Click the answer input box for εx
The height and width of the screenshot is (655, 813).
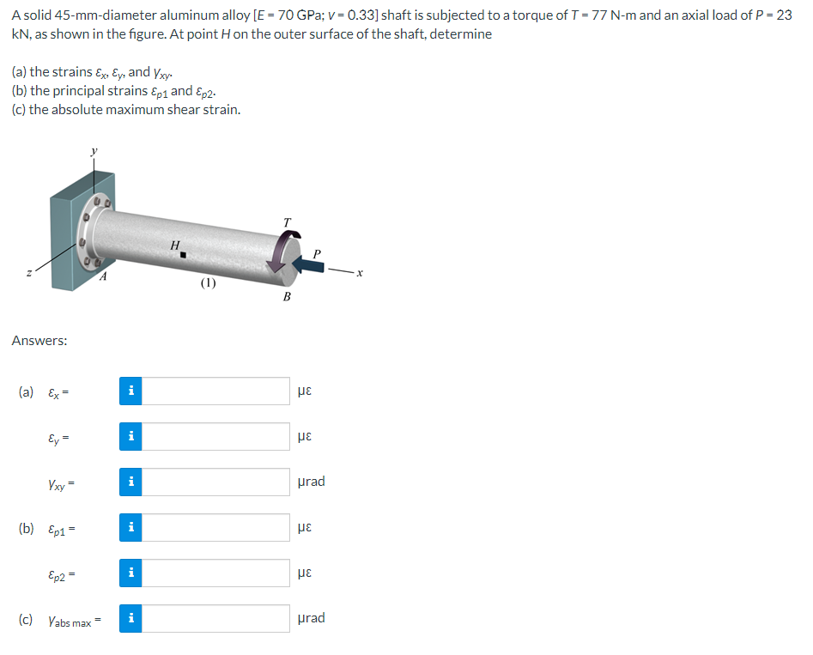pyautogui.click(x=215, y=391)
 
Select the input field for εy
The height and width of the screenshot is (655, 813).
pyautogui.click(x=215, y=436)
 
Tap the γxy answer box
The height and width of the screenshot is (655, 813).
pyautogui.click(x=215, y=482)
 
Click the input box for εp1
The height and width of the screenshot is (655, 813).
pyautogui.click(x=215, y=527)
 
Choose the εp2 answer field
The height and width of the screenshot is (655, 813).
pyautogui.click(x=215, y=573)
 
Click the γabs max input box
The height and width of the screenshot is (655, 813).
pyautogui.click(x=215, y=618)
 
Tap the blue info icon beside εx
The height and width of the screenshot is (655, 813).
pyautogui.click(x=130, y=391)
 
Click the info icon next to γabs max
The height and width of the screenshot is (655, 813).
pyautogui.click(x=130, y=618)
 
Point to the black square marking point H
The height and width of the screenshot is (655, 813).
pyautogui.click(x=185, y=253)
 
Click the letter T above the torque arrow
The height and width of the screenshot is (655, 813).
pyautogui.click(x=287, y=222)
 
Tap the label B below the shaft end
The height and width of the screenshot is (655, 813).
pyautogui.click(x=287, y=297)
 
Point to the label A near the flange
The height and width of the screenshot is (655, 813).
pyautogui.click(x=103, y=276)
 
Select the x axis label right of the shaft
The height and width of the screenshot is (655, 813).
pyautogui.click(x=361, y=273)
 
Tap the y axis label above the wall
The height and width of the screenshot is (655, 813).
pyautogui.click(x=94, y=151)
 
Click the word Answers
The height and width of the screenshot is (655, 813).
pyautogui.click(x=39, y=341)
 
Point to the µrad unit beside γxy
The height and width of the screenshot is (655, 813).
pyautogui.click(x=311, y=482)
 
